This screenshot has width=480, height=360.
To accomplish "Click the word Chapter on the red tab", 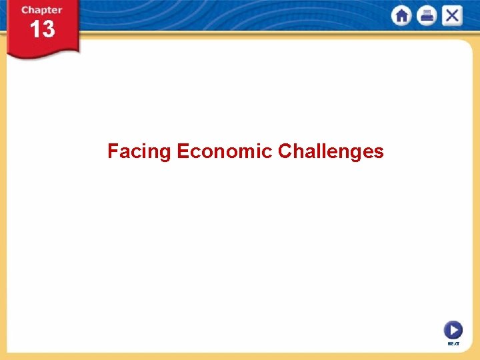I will coord(41,10).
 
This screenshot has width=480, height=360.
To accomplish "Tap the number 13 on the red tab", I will coord(41,29).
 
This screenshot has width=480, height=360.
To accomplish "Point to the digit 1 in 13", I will coord(34,29).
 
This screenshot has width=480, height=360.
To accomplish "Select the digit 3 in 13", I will coord(47,29).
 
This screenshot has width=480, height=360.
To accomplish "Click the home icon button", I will coord(402,16).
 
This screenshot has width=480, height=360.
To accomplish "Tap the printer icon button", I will coord(426,16).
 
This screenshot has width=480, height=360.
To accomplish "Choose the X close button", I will coord(451,16).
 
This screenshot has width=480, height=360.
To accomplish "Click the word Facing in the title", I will coord(139,152).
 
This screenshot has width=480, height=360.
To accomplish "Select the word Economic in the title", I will coord(225,151).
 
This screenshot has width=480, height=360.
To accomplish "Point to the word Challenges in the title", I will coord(331,151).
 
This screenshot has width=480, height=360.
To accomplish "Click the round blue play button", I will coord(453,330).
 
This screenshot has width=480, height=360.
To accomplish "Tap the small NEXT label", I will coord(453,343).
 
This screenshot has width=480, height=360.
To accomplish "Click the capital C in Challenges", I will coord(285,151).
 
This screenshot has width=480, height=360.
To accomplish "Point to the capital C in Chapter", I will coord(25,10).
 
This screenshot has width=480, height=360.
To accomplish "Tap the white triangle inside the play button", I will coord(454,330).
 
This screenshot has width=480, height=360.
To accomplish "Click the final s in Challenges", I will coord(379,153).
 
